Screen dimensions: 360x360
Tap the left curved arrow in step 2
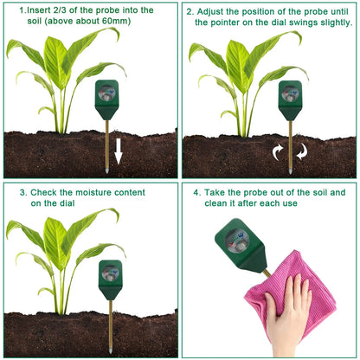coord(278,154)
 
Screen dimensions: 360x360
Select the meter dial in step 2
coord(290,92)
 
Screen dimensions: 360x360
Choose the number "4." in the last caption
coord(196,191)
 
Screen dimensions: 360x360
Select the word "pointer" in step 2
coord(216,23)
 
